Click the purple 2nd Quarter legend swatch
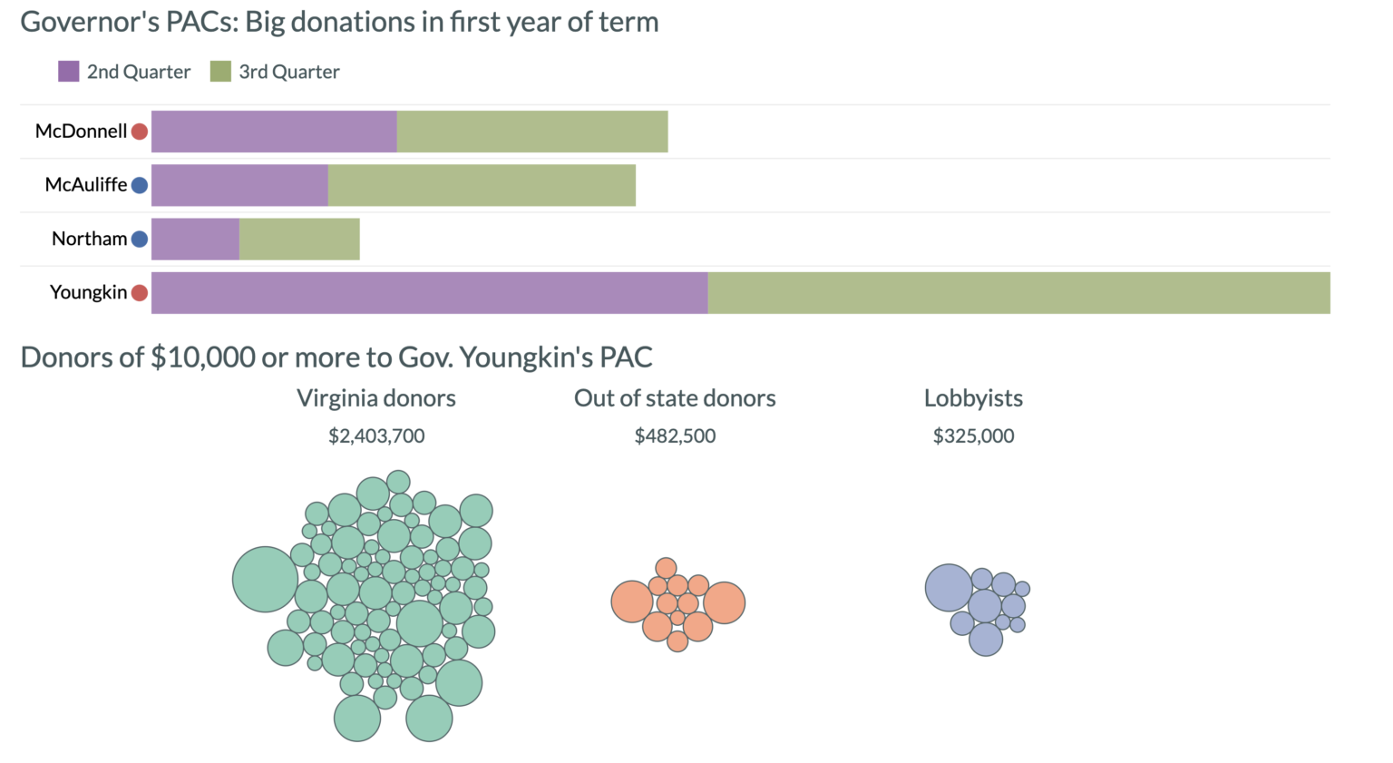(68, 72)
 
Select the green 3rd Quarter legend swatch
(220, 72)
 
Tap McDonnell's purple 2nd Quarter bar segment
(274, 132)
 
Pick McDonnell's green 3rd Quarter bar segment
(532, 132)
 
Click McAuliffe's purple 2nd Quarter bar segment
(239, 185)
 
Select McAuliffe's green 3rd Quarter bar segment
(482, 185)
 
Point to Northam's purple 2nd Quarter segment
(195, 239)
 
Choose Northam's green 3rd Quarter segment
(299, 239)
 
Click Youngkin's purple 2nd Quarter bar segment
(429, 292)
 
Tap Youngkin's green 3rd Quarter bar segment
(1018, 292)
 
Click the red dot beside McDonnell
(140, 132)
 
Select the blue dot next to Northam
(140, 239)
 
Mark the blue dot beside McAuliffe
(140, 185)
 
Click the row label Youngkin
(88, 292)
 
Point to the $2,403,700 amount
(376, 436)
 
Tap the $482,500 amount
(675, 436)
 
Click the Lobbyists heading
(973, 398)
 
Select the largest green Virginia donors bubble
(265, 579)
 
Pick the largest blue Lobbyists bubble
(949, 588)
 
